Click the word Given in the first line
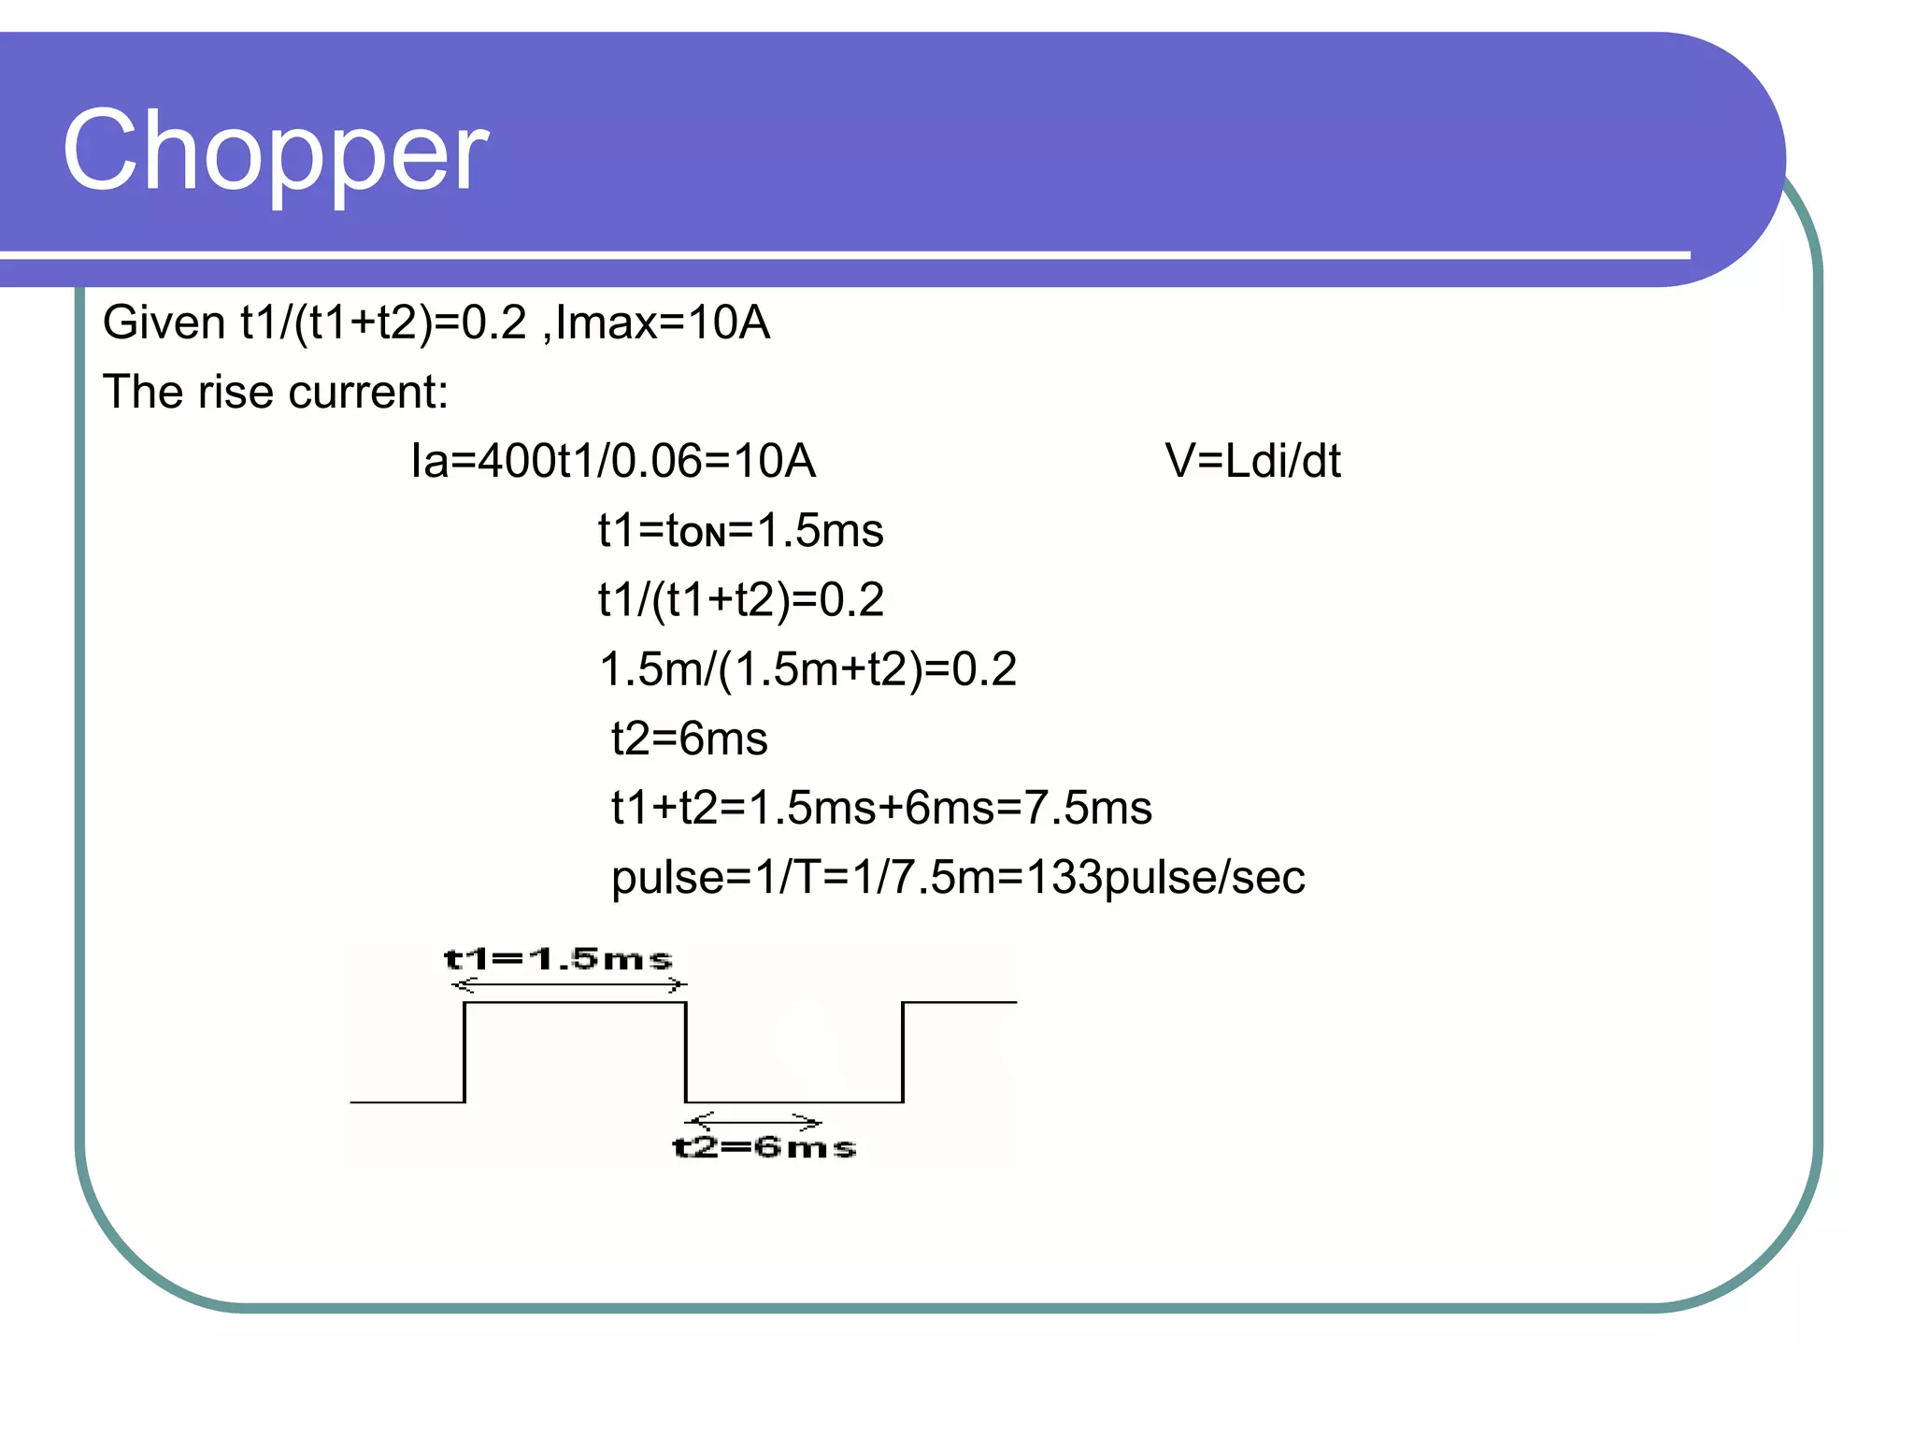[x=164, y=323]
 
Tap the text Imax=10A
[x=663, y=323]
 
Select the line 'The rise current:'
[x=275, y=392]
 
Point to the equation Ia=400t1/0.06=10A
[x=613, y=461]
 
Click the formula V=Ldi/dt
[x=1252, y=461]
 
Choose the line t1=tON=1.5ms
[x=740, y=531]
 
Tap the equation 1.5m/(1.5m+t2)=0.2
[x=807, y=669]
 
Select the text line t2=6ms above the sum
[x=690, y=739]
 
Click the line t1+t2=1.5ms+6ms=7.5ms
[x=881, y=808]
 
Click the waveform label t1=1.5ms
[x=558, y=959]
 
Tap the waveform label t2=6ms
[x=764, y=1147]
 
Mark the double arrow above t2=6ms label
[x=753, y=1121]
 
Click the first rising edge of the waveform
[x=464, y=1052]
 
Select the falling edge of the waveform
[x=686, y=1052]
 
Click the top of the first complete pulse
[x=575, y=1003]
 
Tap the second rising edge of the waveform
[x=903, y=1052]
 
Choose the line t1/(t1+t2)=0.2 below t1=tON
[x=740, y=600]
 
